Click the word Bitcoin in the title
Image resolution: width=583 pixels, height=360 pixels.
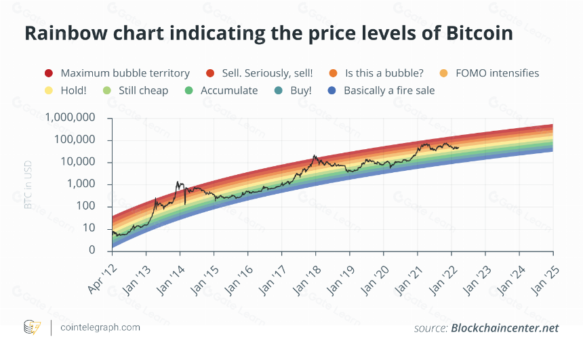480,33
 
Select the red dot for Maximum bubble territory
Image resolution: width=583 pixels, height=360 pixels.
49,73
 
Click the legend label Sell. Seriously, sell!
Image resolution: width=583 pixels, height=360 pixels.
267,73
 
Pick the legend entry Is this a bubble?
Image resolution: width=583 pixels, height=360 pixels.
384,73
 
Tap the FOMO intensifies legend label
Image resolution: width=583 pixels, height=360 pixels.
497,73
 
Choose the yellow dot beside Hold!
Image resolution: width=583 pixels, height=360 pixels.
49,90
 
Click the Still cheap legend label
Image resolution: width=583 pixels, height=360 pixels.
144,90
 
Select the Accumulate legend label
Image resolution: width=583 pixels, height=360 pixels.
229,90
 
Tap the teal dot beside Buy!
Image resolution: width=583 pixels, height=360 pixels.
278,90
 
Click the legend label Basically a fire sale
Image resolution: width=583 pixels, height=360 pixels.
389,90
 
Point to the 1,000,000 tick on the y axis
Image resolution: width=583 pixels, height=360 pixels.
71,117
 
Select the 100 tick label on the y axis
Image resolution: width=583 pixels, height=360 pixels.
86,206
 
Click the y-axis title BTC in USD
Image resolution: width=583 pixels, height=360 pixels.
28,184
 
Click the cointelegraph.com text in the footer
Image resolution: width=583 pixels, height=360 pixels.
100,327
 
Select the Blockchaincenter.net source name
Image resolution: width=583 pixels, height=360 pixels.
505,328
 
